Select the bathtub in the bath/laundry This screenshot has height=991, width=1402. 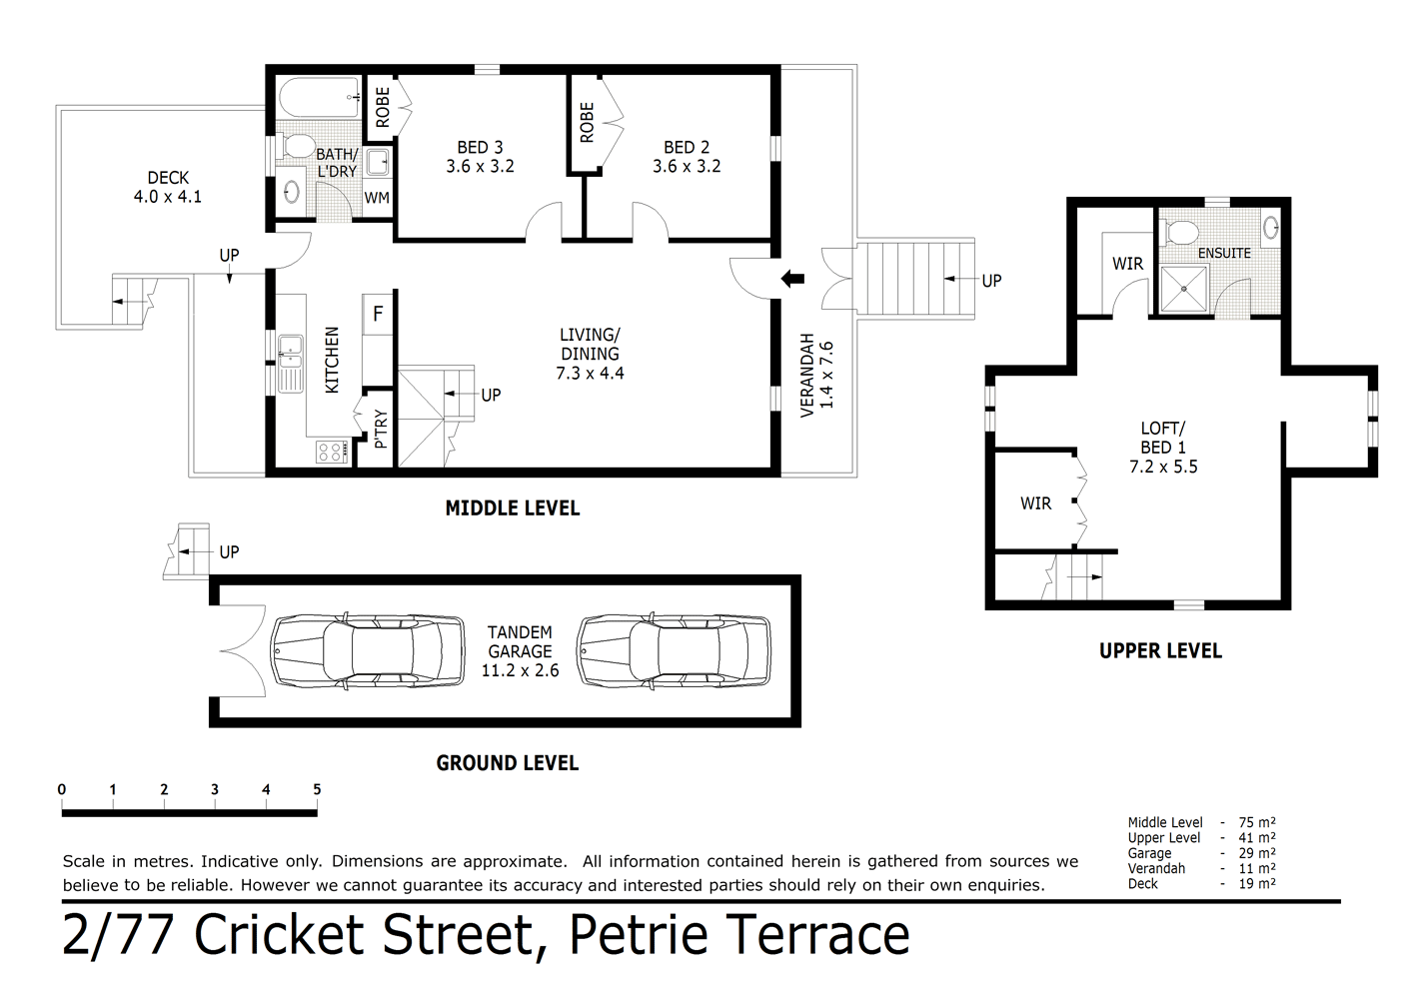pos(317,98)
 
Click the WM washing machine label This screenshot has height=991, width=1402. pos(377,198)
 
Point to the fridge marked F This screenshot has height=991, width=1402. pos(378,314)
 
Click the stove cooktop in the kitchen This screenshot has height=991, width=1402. pos(330,452)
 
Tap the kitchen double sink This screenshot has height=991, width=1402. pos(291,361)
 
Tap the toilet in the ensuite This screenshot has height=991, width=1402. pos(1179,233)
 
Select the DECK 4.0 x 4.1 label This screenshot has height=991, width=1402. pos(168,188)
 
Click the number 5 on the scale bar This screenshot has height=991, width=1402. pos(317,789)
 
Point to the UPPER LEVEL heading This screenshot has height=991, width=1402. pos(1160,651)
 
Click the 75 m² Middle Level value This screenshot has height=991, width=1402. pos(1259,823)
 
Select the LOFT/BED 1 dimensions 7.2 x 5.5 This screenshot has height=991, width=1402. pos(1163,467)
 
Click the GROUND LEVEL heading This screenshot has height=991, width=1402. pos(507,763)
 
